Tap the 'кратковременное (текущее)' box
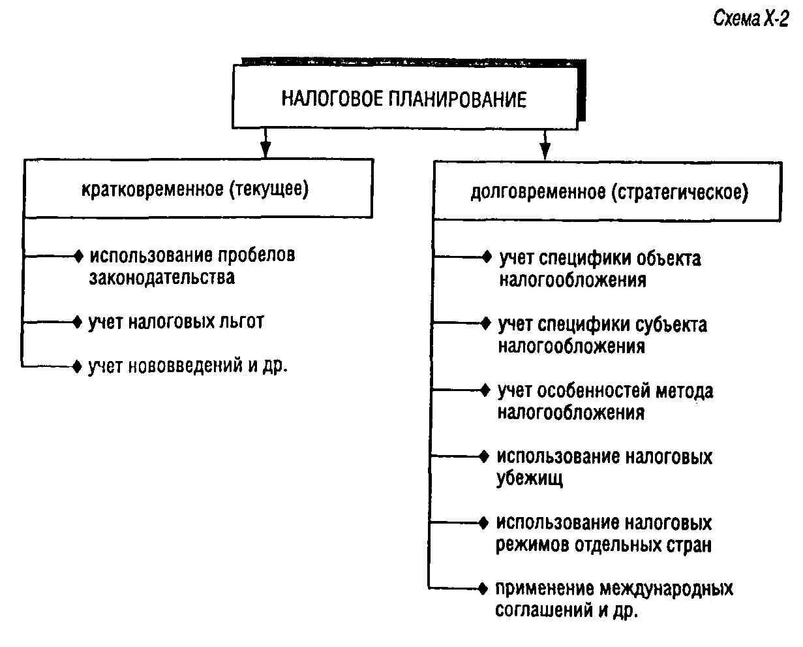(195, 189)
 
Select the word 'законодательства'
(162, 277)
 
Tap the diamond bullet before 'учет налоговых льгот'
(79, 322)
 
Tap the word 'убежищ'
(529, 479)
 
